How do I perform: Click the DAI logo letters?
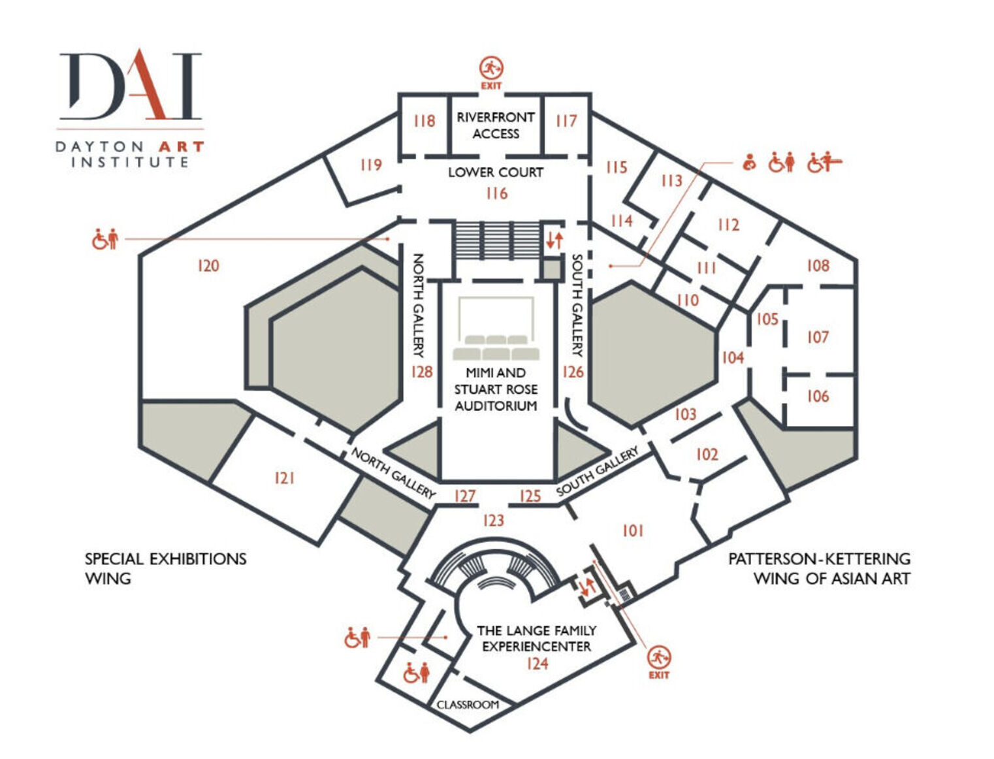tap(131, 84)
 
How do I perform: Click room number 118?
tap(425, 121)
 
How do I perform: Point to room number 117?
tap(566, 121)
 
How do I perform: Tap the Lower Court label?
tap(496, 172)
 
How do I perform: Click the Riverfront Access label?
tap(496, 125)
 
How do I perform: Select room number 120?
tap(208, 265)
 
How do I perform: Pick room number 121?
tap(284, 478)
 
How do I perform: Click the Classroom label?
tap(468, 705)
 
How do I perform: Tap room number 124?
tap(537, 664)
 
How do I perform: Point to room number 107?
tap(818, 337)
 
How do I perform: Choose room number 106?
tap(818, 396)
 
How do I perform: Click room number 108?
tap(818, 265)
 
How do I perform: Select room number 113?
tap(671, 181)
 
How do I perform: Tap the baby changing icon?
tap(750, 162)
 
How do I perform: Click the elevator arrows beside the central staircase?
tap(554, 240)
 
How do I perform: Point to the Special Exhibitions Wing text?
tap(166, 568)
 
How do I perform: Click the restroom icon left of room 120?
tap(105, 239)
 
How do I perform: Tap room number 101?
tap(633, 530)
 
